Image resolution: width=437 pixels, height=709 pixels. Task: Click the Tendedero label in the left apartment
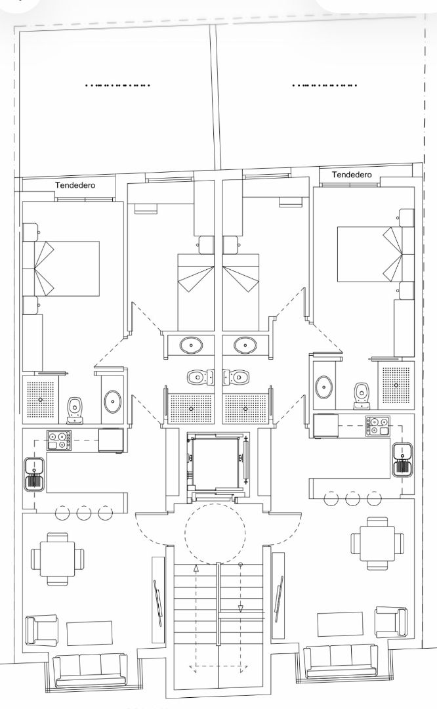click(x=75, y=186)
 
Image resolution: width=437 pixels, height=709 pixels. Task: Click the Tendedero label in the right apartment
click(x=352, y=175)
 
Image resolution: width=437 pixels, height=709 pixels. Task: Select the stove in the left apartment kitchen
click(x=58, y=439)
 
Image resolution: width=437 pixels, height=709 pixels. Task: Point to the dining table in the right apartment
click(x=377, y=542)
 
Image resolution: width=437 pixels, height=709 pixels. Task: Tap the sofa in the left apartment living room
click(x=90, y=668)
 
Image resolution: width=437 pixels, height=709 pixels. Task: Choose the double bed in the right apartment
click(x=370, y=255)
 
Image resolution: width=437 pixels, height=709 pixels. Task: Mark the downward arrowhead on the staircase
click(x=240, y=609)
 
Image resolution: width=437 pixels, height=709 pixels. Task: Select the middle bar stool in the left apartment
click(x=83, y=513)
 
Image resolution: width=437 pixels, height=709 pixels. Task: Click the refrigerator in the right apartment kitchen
click(x=325, y=425)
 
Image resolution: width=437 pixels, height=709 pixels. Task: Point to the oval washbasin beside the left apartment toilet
click(x=112, y=400)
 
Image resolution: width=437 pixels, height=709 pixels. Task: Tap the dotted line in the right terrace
click(x=325, y=85)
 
